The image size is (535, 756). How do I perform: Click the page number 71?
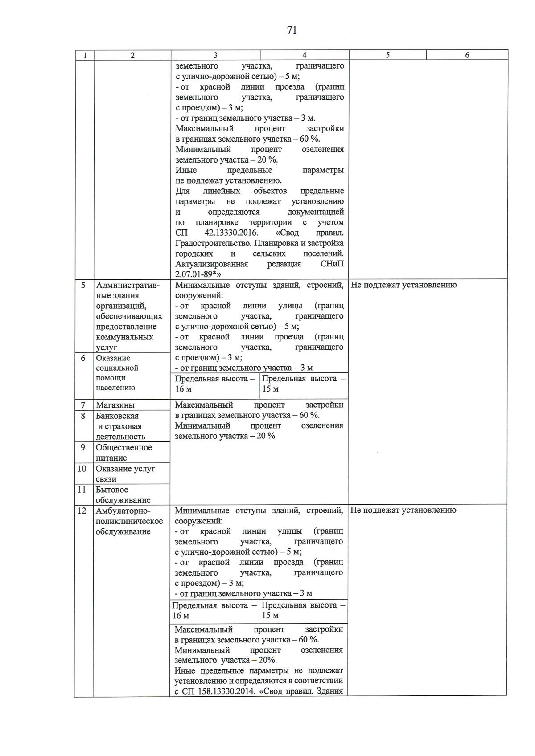coord(292,30)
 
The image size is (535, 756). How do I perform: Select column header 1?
coord(85,55)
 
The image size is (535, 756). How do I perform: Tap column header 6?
coord(467,55)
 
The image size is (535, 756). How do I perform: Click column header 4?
coord(304,55)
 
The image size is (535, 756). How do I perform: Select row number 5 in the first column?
coord(83,285)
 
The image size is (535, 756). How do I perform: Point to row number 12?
coord(82,511)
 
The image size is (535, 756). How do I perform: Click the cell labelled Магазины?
coord(115,405)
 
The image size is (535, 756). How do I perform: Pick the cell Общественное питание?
coord(123,453)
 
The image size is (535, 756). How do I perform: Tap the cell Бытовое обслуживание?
coord(123,494)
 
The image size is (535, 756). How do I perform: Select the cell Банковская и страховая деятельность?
coord(120,426)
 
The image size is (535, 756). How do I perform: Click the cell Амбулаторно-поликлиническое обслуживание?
coord(129,521)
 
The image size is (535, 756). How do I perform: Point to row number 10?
coord(82,469)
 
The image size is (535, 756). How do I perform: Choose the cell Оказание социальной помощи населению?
coord(117,373)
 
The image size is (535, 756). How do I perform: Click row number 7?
coord(83,405)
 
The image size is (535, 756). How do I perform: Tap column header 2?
coord(132,55)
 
